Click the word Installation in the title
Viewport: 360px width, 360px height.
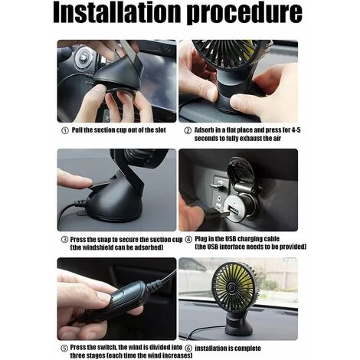pyautogui.click(x=116, y=12)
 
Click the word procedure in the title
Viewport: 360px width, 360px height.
pyautogui.click(x=244, y=14)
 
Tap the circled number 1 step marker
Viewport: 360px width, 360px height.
pyautogui.click(x=65, y=131)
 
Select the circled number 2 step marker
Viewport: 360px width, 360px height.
pyautogui.click(x=188, y=130)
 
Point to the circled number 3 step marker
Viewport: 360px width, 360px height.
pyautogui.click(x=65, y=240)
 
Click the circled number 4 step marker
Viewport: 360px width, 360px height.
pyautogui.click(x=188, y=240)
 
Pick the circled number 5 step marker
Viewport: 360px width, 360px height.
pyautogui.click(x=64, y=349)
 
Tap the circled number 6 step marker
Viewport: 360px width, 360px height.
pyautogui.click(x=188, y=349)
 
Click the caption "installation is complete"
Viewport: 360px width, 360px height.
pyautogui.click(x=227, y=349)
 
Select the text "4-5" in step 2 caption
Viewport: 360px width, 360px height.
pyautogui.click(x=296, y=130)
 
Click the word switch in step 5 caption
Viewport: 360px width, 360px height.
pyautogui.click(x=106, y=347)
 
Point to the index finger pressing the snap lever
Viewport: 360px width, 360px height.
pyautogui.click(x=74, y=179)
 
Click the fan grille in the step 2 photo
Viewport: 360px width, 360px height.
pyautogui.click(x=228, y=54)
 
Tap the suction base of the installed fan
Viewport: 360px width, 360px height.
pyautogui.click(x=237, y=326)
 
